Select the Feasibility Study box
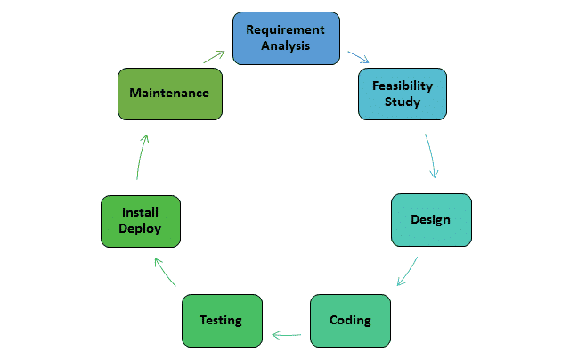click(402, 94)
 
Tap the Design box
click(431, 220)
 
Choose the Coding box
click(350, 320)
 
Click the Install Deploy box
click(142, 221)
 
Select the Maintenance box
click(169, 93)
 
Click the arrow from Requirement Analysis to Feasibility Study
click(358, 58)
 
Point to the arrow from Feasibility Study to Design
click(432, 156)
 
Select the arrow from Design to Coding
click(407, 272)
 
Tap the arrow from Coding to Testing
click(287, 335)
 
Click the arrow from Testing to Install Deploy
click(167, 272)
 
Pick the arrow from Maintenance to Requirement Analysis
click(214, 56)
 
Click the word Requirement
click(285, 30)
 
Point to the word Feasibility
click(402, 86)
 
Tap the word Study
click(402, 102)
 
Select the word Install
click(142, 212)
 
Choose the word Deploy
click(142, 228)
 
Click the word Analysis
click(285, 46)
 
